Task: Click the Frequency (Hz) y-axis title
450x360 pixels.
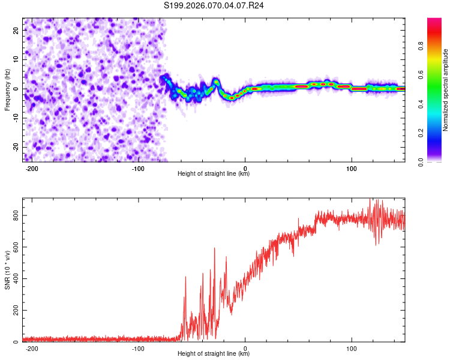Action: click(x=7, y=90)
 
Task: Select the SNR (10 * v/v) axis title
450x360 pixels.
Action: click(x=7, y=270)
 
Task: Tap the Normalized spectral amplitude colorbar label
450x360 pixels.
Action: click(x=446, y=90)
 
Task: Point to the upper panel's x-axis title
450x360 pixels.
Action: click(x=214, y=173)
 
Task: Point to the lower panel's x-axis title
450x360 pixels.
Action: click(x=214, y=353)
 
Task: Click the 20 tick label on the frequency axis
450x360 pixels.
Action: click(x=16, y=30)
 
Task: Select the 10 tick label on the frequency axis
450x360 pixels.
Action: click(x=16, y=59)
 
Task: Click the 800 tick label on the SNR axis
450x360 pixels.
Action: click(x=16, y=215)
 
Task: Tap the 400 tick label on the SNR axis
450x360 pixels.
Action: click(x=16, y=278)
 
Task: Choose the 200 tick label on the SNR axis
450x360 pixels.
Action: click(x=16, y=310)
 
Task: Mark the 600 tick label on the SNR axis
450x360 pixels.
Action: click(x=16, y=247)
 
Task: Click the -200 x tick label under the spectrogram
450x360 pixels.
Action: click(x=32, y=167)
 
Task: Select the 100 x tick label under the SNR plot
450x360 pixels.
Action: click(x=352, y=347)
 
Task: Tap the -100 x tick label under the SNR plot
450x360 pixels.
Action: click(x=139, y=347)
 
